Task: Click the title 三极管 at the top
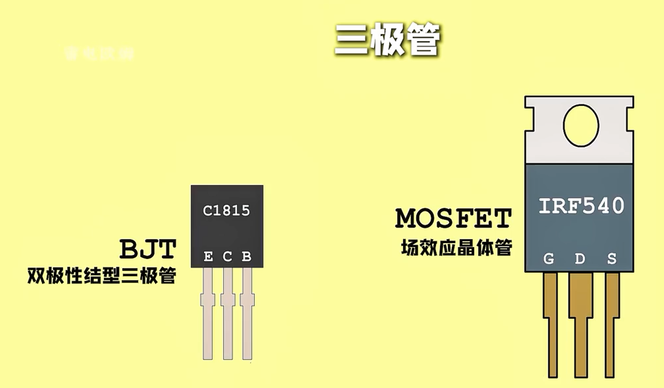click(x=387, y=40)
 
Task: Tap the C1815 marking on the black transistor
click(x=226, y=211)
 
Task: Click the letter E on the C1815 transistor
click(x=208, y=256)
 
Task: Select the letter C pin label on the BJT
click(x=227, y=256)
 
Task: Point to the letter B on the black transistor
click(x=246, y=256)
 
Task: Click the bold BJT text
click(x=148, y=249)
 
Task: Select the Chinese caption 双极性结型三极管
click(x=102, y=276)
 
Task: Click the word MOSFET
click(x=453, y=218)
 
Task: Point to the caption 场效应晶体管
click(x=456, y=248)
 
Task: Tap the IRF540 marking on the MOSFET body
click(x=581, y=206)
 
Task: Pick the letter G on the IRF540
click(x=549, y=259)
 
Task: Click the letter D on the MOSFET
click(x=580, y=259)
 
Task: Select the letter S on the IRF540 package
click(x=611, y=259)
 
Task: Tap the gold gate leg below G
click(x=551, y=326)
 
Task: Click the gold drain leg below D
click(x=581, y=326)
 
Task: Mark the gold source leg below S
click(x=611, y=326)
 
